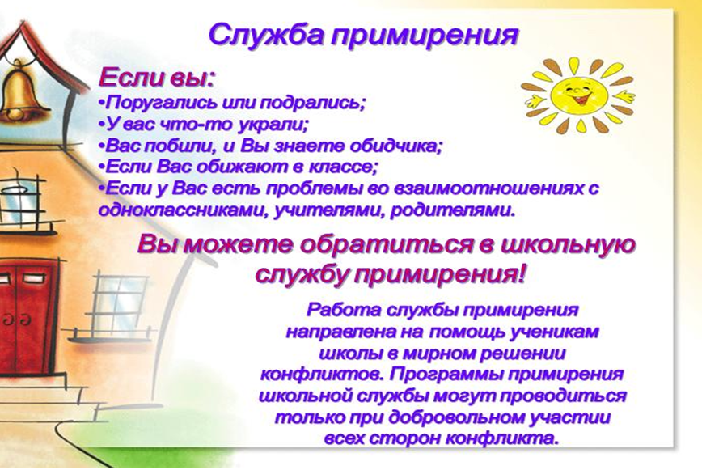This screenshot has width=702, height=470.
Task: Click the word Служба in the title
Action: [x=266, y=35]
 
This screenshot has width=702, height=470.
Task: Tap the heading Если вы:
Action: [x=157, y=78]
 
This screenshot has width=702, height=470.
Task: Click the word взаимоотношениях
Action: [x=476, y=188]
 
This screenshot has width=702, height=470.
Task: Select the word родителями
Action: [x=453, y=210]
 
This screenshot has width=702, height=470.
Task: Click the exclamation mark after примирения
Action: [x=519, y=274]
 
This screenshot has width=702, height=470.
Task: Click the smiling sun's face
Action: [x=578, y=94]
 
